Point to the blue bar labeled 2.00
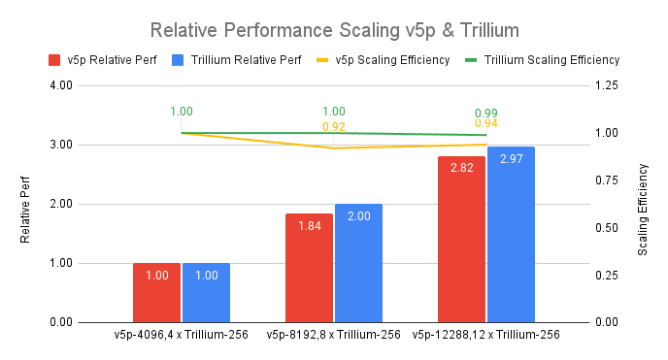pos(358,263)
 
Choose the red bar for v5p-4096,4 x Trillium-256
pos(157,292)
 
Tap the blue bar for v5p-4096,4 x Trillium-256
pos(206,292)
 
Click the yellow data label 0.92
pos(334,127)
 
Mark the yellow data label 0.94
pos(486,124)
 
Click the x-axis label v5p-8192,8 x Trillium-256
pos(334,335)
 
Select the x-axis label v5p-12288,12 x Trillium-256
pos(485,335)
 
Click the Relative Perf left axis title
pos(27,204)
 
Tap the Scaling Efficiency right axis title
pos(643,204)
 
